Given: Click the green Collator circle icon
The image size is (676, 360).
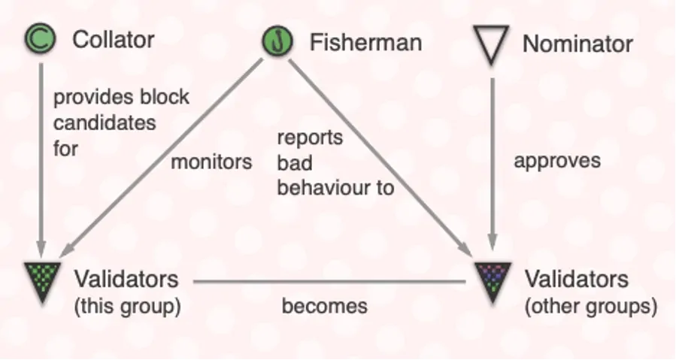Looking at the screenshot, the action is coord(40,38).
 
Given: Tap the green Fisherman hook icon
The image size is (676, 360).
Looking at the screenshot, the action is coord(277,41).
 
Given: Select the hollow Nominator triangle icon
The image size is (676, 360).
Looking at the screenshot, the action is coord(491,44).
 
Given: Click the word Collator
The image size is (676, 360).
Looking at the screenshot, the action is coord(114,40).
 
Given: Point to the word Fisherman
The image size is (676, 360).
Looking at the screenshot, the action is coord(365,43).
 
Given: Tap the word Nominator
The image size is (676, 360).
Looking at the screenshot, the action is coord(577,44).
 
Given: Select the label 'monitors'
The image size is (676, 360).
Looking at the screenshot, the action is coord(211,162).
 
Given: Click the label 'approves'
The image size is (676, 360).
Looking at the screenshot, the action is coord(557,162).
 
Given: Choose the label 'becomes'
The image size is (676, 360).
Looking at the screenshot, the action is coord(325,306).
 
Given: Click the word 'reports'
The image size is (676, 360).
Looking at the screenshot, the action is coord(310,138).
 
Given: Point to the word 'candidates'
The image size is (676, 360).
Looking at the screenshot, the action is coord(105,123).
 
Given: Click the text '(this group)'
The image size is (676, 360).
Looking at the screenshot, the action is coord(128,307).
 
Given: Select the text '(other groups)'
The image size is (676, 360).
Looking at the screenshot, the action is coord(591,307).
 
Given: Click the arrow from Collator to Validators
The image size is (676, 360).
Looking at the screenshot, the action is coord(41,160).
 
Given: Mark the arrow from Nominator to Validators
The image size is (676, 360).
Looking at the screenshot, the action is coord(493,164).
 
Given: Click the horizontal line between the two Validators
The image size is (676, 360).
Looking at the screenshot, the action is coord(330,282).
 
